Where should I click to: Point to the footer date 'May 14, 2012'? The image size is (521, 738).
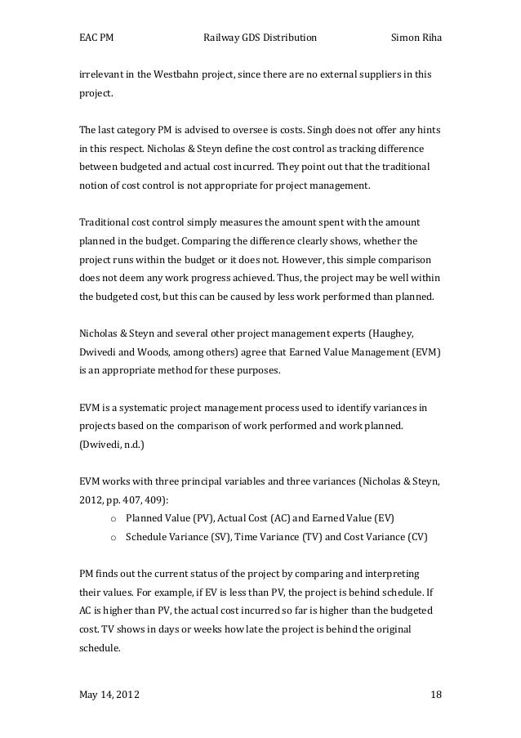(109, 695)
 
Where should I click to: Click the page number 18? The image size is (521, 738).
(435, 695)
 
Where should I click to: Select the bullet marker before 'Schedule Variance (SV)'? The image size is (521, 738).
(113, 535)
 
